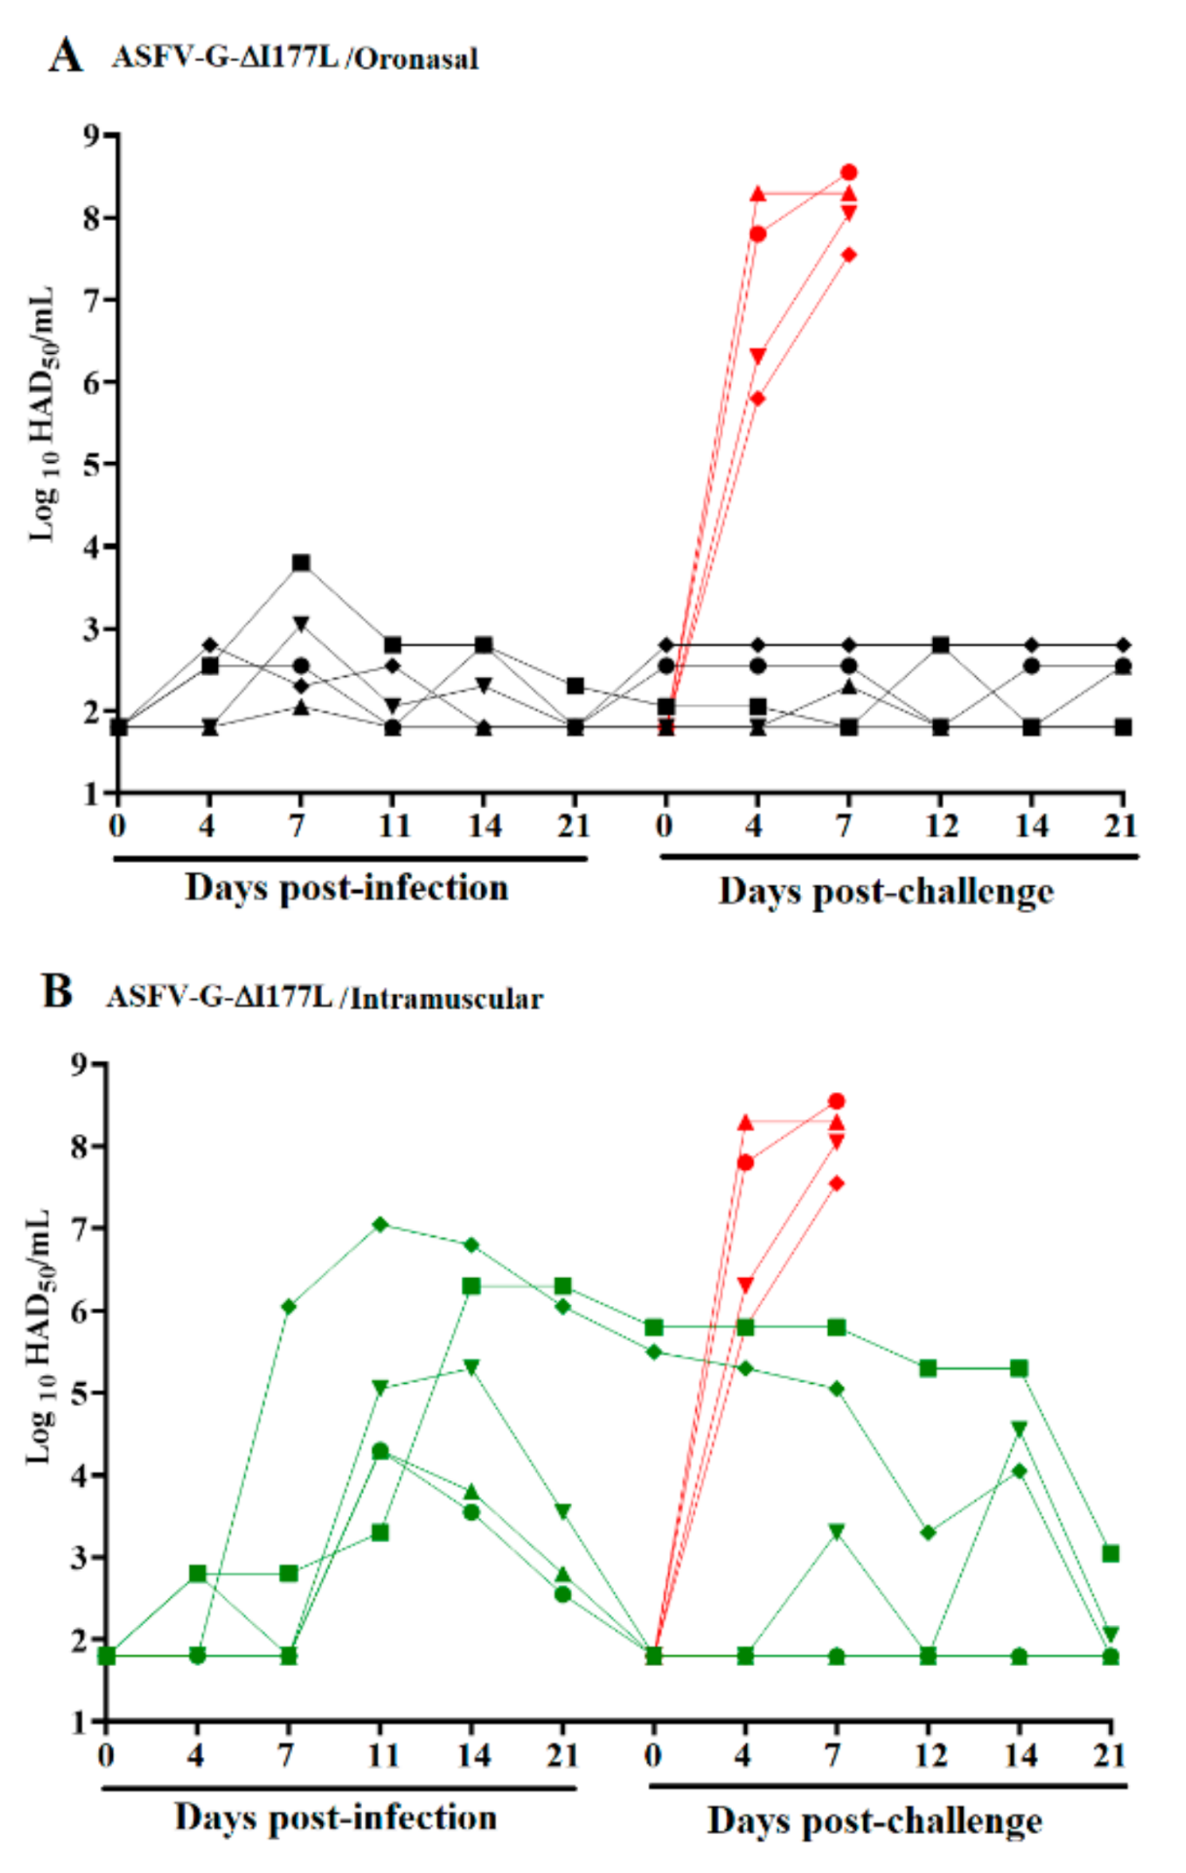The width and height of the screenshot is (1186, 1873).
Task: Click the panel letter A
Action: [65, 55]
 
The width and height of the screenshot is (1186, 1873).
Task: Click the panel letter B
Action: [58, 992]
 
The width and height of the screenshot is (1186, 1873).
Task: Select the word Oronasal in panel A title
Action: [415, 58]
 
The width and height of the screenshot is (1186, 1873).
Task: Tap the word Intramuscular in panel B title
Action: [447, 999]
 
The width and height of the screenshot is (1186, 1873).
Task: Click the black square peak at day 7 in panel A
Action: [301, 563]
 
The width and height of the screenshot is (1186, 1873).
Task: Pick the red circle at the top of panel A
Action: [848, 172]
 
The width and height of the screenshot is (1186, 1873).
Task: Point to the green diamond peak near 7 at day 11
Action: [380, 1224]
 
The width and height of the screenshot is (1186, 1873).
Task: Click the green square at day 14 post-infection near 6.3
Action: [471, 1287]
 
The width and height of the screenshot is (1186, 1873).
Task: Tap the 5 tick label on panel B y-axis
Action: [80, 1394]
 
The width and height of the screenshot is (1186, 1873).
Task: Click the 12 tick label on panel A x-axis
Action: [940, 827]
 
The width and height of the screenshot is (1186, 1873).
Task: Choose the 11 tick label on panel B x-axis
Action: [381, 1756]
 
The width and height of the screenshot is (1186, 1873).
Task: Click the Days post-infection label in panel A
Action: [346, 889]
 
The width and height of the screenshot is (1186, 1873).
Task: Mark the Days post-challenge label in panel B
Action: [874, 1820]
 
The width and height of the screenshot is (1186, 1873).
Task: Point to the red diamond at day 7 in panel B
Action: [837, 1184]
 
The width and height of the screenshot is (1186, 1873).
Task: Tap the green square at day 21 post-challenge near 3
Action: [1110, 1554]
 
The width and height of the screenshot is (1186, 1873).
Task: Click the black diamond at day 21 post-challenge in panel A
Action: [1123, 645]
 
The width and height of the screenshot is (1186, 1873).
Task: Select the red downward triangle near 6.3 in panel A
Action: [758, 356]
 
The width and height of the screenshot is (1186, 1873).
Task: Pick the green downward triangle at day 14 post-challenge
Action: [1019, 1429]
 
